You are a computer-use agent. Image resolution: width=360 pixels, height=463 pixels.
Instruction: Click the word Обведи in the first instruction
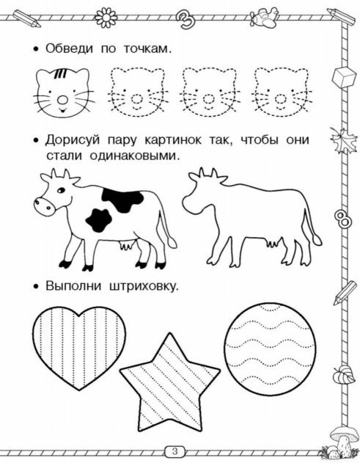pyautogui.click(x=69, y=48)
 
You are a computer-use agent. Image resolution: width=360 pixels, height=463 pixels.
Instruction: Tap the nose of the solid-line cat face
pyautogui.click(x=62, y=100)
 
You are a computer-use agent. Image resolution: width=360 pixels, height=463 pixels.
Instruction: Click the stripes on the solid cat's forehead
pyautogui.click(x=61, y=74)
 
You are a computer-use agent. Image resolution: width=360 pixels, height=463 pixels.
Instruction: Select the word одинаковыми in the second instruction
pyautogui.click(x=134, y=156)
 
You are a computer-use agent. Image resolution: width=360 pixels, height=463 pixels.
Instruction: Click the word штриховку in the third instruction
pyautogui.click(x=144, y=287)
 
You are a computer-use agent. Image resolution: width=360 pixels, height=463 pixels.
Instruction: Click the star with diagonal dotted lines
pyautogui.click(x=169, y=387)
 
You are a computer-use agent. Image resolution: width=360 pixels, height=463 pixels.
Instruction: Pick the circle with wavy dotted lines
pyautogui.click(x=270, y=349)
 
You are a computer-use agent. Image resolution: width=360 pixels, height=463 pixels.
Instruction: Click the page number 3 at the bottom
pyautogui.click(x=175, y=451)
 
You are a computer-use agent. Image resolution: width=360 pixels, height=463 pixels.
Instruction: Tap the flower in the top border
pyautogui.click(x=106, y=18)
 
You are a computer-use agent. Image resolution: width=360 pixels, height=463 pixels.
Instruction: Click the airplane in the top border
pyautogui.click(x=263, y=17)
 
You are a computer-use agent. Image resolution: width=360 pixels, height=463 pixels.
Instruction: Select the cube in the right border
pyautogui.click(x=344, y=76)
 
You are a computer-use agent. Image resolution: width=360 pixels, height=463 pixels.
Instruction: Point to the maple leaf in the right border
pyautogui.click(x=342, y=140)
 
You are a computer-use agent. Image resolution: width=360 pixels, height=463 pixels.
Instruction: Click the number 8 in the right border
pyautogui.click(x=342, y=219)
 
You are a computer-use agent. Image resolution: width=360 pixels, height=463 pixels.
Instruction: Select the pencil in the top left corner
pyautogui.click(x=27, y=18)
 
